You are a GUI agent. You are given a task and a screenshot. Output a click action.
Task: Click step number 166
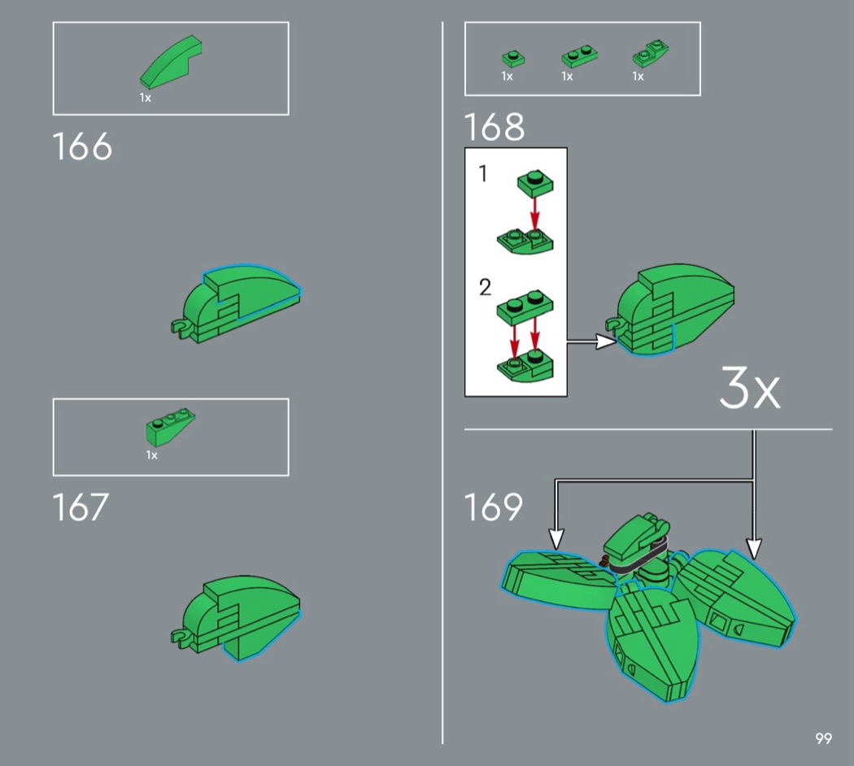tap(82, 146)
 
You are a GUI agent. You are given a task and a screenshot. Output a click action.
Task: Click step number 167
tap(81, 507)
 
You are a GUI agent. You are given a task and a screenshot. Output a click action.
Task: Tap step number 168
tap(495, 127)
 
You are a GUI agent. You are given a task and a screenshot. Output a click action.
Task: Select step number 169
tap(494, 507)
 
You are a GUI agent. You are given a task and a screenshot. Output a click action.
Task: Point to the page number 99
tap(823, 739)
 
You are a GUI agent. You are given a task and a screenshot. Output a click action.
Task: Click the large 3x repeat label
tap(750, 387)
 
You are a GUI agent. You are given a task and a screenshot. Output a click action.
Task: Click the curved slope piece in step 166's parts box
tap(171, 62)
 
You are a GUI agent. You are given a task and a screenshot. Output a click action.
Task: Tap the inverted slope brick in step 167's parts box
tap(170, 427)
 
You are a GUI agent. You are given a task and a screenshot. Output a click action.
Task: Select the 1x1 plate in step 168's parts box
tap(513, 58)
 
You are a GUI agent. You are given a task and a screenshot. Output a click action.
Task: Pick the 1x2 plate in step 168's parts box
tap(579, 57)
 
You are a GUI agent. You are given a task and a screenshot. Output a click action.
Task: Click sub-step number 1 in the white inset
tap(482, 174)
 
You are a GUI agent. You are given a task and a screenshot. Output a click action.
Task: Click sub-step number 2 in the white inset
tap(485, 287)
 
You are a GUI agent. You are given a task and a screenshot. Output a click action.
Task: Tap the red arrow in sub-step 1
tap(535, 214)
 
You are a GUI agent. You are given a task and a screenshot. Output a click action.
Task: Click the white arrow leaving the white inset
tap(592, 342)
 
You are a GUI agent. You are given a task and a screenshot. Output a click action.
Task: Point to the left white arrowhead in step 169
tap(556, 539)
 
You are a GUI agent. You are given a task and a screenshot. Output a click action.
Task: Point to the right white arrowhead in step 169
tap(754, 549)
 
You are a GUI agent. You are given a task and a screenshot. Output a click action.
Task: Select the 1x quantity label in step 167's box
tap(151, 455)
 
